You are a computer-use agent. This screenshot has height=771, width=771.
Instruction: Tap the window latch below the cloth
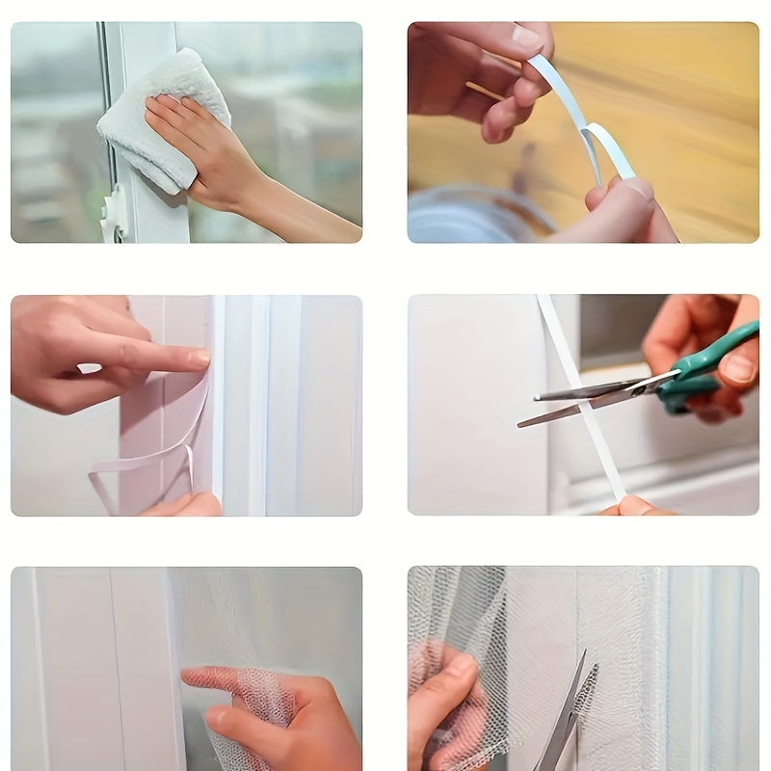(114, 214)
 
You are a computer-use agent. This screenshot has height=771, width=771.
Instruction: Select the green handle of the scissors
(713, 361)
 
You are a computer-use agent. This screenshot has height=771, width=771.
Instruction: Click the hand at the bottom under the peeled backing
(183, 505)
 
